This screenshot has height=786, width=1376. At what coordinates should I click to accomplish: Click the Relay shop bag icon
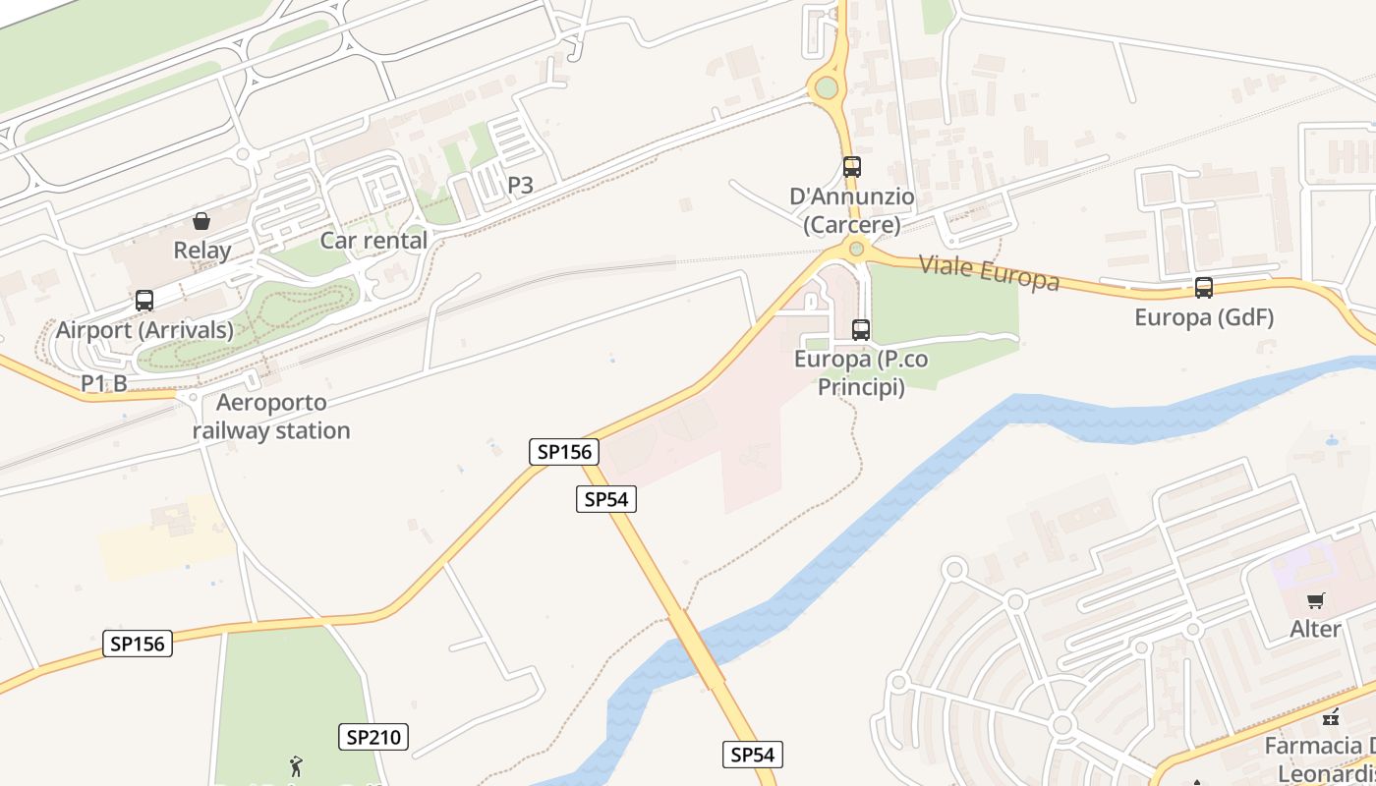pyautogui.click(x=201, y=220)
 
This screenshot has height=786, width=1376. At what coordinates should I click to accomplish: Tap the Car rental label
pyautogui.click(x=373, y=241)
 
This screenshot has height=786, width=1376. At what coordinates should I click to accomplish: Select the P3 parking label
pyautogui.click(x=520, y=184)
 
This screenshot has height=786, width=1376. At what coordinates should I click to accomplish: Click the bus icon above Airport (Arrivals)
pyautogui.click(x=144, y=301)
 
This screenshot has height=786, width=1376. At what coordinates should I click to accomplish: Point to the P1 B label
pyautogui.click(x=103, y=383)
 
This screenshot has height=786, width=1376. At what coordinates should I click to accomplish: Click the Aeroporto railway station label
pyautogui.click(x=271, y=417)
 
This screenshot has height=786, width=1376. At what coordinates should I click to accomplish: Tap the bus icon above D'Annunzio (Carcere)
pyautogui.click(x=851, y=167)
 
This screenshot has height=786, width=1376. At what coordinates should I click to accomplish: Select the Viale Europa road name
pyautogui.click(x=989, y=272)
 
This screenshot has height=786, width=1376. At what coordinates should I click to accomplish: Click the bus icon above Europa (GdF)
pyautogui.click(x=1204, y=288)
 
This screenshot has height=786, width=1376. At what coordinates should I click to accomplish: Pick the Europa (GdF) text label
pyautogui.click(x=1204, y=317)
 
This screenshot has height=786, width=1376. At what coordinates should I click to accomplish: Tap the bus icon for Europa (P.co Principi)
pyautogui.click(x=861, y=330)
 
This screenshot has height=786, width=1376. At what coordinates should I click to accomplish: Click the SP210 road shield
pyautogui.click(x=373, y=737)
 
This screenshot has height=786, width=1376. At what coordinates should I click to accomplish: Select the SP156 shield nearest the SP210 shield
pyautogui.click(x=138, y=644)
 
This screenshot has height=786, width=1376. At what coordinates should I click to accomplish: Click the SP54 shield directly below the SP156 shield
pyautogui.click(x=605, y=499)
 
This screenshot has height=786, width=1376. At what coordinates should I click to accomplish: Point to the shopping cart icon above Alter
pyautogui.click(x=1315, y=600)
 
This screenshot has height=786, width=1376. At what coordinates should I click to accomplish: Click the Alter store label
pyautogui.click(x=1315, y=629)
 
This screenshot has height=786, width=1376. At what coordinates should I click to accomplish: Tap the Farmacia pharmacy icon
pyautogui.click(x=1332, y=717)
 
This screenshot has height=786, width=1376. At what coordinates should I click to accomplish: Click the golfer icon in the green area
pyautogui.click(x=296, y=764)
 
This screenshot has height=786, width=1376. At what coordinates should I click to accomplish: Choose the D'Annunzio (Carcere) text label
pyautogui.click(x=851, y=211)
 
